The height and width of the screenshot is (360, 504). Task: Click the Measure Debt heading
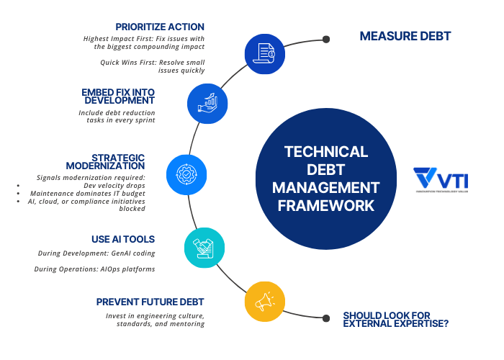[x=404, y=36]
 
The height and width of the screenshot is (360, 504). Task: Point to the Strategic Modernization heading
[x=118, y=161]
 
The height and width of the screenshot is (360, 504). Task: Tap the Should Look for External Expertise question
[x=396, y=319]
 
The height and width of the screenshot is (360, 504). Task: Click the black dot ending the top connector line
[x=326, y=39]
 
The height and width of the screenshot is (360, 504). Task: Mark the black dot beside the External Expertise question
[x=326, y=314]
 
